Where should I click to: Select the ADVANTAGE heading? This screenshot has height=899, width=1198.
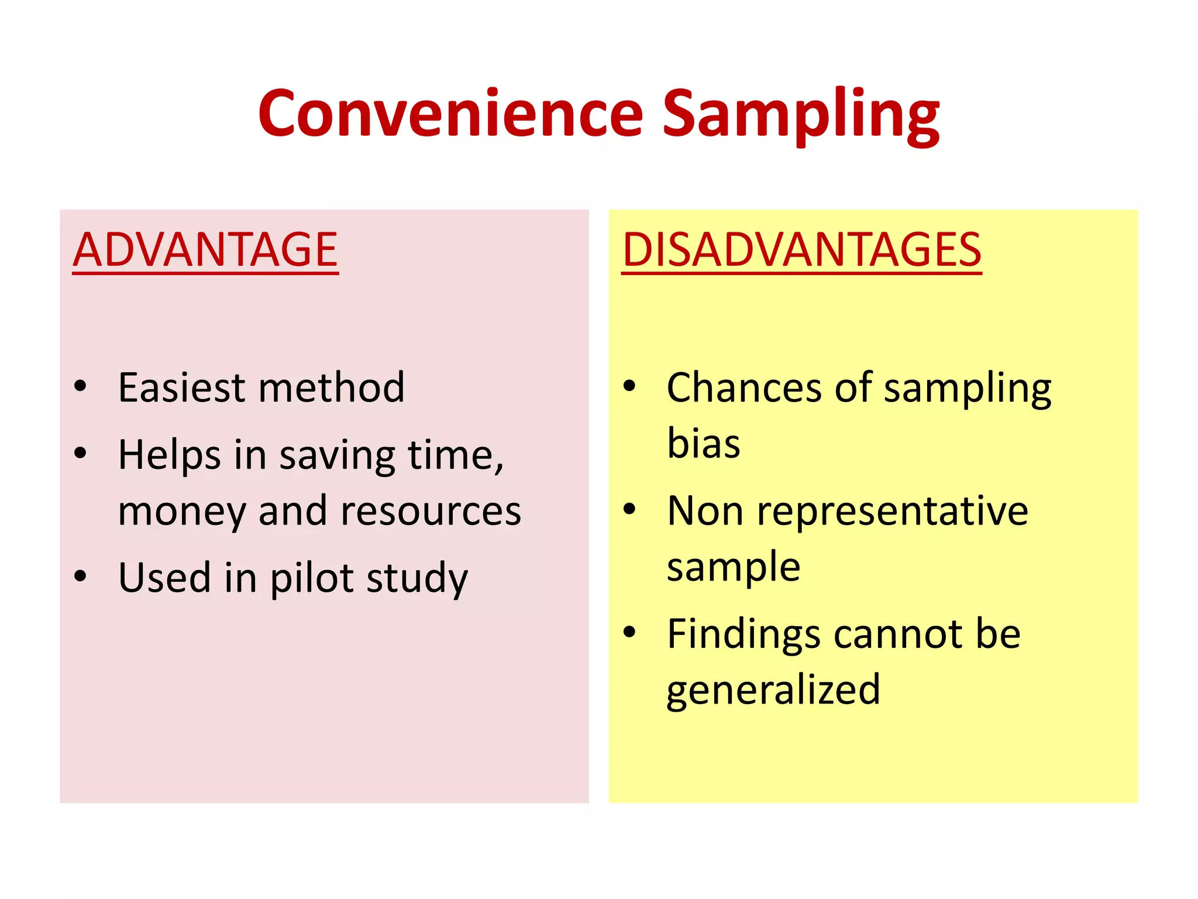click(x=205, y=250)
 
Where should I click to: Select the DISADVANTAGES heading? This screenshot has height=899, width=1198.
click(x=801, y=250)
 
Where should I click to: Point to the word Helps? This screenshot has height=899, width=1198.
click(x=169, y=455)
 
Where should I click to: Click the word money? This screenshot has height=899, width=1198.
click(x=181, y=512)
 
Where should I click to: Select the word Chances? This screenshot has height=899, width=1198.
click(x=744, y=387)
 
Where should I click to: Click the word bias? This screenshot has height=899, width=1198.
click(x=704, y=443)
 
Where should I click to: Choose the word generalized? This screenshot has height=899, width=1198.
click(x=773, y=689)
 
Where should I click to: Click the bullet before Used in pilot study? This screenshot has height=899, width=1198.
click(x=80, y=576)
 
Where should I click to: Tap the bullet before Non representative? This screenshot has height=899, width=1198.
click(x=629, y=509)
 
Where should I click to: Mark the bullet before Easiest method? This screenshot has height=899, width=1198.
click(x=80, y=386)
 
